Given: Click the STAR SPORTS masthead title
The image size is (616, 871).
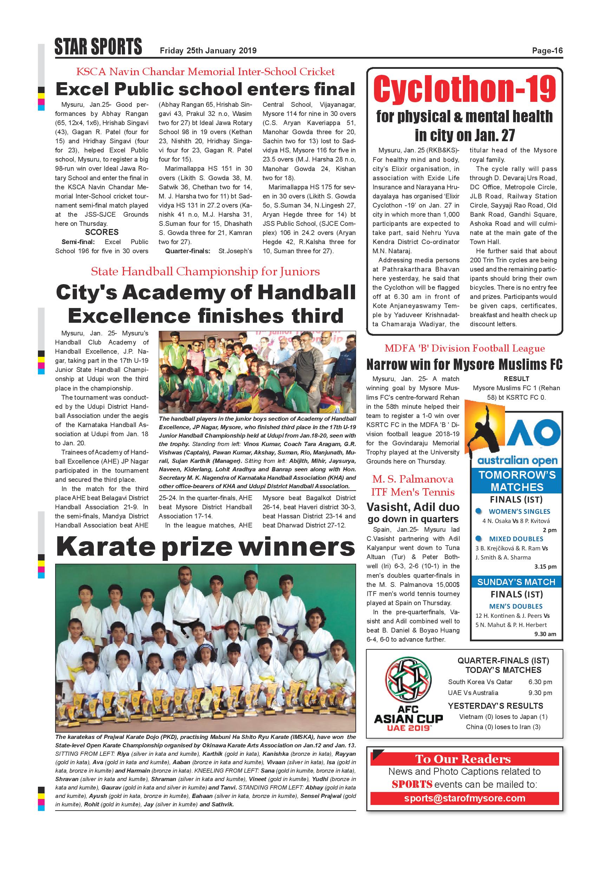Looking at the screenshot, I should coord(98,47).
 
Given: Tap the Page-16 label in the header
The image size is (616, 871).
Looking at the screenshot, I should coord(547,51).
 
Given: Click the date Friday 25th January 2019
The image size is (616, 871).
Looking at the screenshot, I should coord(208,51).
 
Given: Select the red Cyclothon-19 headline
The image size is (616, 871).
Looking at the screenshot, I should coord(465,89).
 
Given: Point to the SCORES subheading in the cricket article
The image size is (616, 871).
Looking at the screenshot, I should coord(101,232).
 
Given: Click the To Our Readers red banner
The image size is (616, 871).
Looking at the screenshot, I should coord(465,759).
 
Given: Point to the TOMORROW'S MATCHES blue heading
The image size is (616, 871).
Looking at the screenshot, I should coord(517,481).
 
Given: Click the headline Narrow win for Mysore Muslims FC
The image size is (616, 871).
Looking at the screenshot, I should coord(464,365).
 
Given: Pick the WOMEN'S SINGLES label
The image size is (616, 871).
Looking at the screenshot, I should coord(519,511).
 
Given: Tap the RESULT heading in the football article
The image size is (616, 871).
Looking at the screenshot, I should coord(516,379).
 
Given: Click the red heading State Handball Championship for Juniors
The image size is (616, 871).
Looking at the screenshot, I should coord(205,271).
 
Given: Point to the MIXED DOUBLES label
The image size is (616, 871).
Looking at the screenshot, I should coord(516,539).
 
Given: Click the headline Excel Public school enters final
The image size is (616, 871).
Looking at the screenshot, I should coord(205,89).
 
